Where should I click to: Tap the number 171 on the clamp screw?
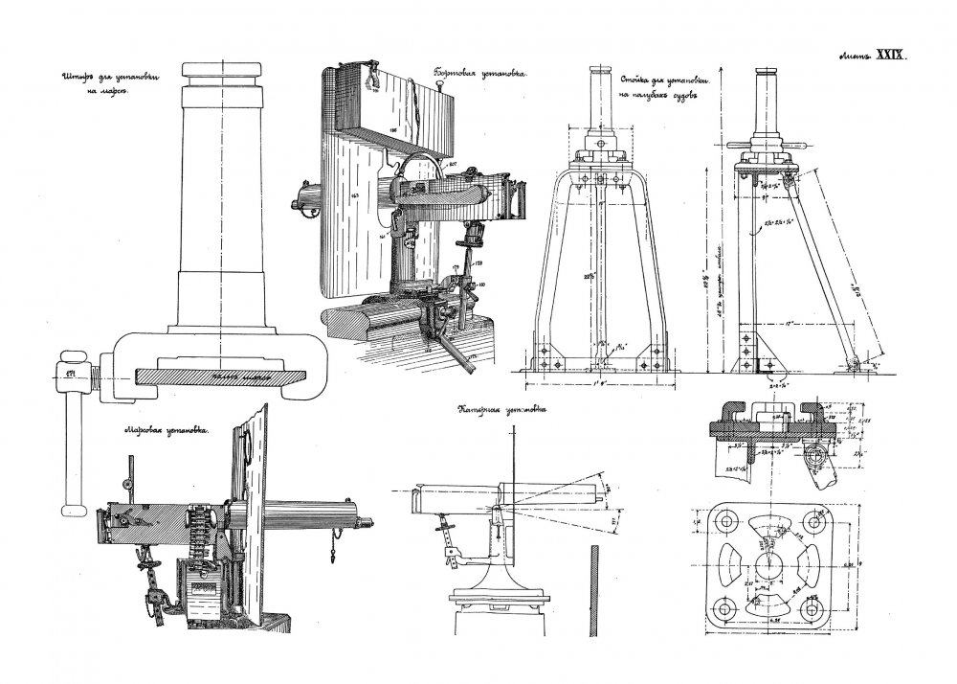(x=69, y=371)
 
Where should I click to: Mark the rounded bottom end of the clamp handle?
(x=69, y=506)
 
